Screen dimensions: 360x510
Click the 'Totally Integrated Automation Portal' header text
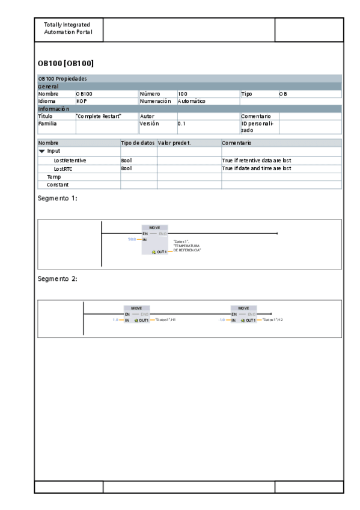pos(68,28)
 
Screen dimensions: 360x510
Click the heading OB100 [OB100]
pos(66,63)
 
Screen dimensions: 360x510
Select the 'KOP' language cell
pos(82,102)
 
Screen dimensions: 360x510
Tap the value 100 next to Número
pos(183,94)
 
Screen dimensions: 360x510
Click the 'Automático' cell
pos(192,102)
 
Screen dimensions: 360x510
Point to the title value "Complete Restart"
pos(99,116)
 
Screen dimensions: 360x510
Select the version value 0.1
pos(182,123)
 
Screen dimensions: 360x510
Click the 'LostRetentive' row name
pos(70,161)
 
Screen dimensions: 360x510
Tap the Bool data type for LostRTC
pos(126,169)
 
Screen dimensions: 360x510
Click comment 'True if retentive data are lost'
pos(257,161)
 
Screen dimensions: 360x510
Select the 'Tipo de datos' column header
pos(138,143)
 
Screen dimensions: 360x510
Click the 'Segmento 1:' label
pos(58,198)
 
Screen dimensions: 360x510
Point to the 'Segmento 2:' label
pos(58,279)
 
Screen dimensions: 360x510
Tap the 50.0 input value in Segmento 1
pos(132,239)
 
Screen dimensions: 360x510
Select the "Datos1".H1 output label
pos(165,320)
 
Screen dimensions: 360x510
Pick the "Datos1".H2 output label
pos(273,320)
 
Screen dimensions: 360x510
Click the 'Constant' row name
pos(58,185)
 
